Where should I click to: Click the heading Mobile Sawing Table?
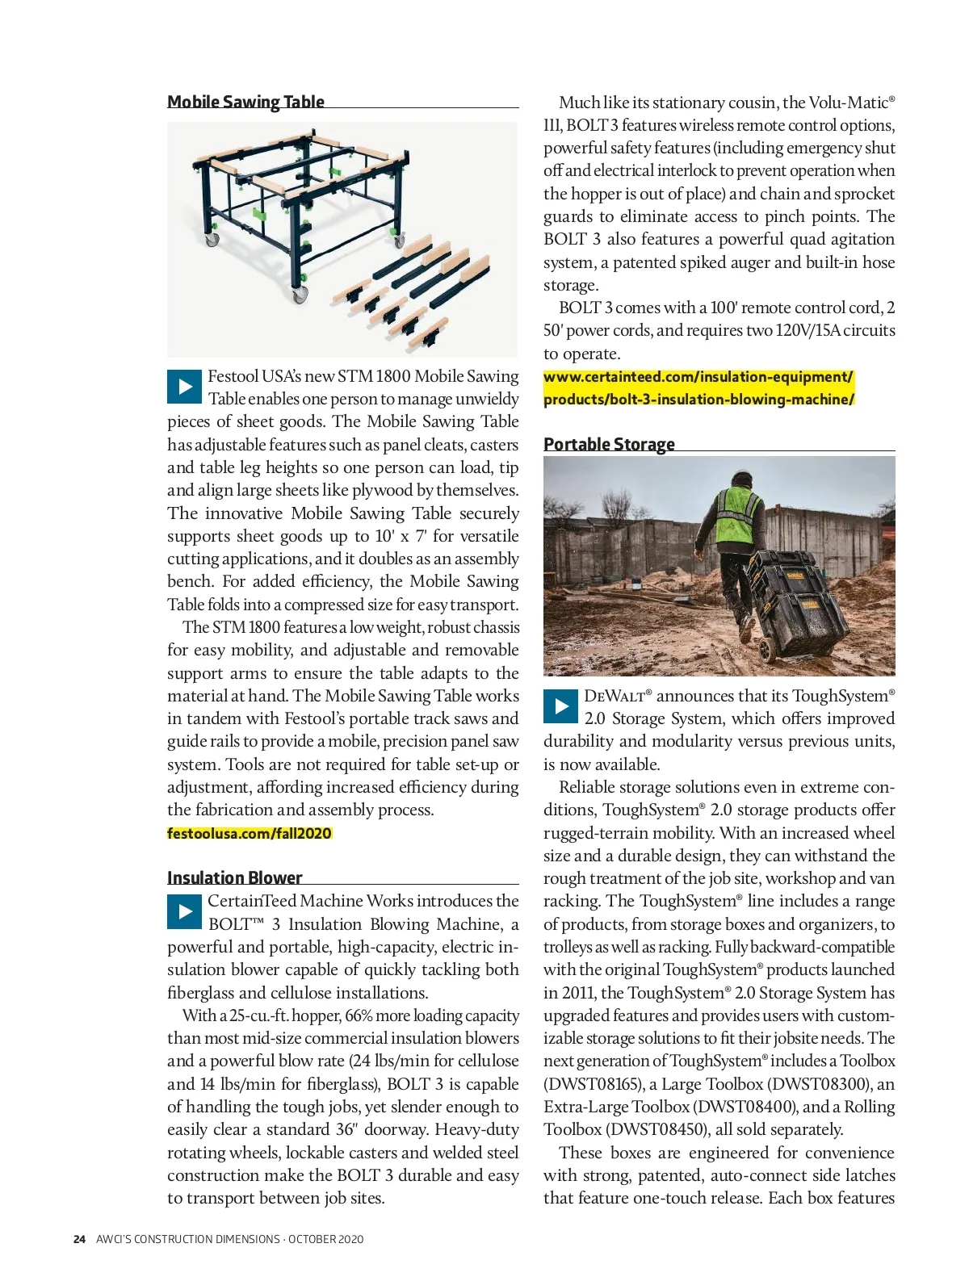(245, 102)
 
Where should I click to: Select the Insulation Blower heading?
(234, 877)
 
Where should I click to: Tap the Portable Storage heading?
(609, 444)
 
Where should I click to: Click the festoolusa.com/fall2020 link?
(250, 833)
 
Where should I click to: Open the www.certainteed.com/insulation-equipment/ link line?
(698, 377)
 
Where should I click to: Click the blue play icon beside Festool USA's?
(184, 387)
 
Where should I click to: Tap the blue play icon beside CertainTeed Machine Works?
(184, 912)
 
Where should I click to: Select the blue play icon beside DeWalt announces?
(560, 706)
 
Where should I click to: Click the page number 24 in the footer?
(79, 1239)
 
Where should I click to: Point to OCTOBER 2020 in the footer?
(325, 1239)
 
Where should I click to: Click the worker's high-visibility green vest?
(739, 510)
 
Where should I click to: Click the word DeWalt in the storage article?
(618, 696)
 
